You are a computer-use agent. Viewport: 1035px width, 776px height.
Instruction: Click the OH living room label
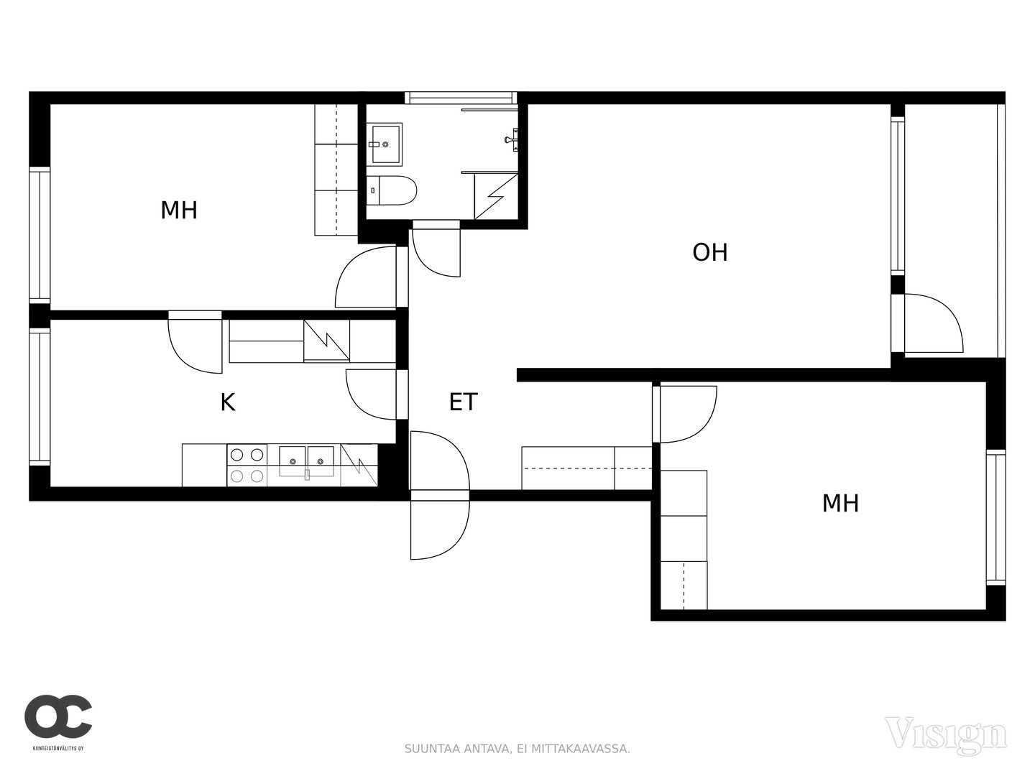tap(709, 252)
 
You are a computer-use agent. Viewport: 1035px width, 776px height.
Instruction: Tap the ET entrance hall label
tap(464, 402)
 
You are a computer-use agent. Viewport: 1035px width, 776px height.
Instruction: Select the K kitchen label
tap(228, 403)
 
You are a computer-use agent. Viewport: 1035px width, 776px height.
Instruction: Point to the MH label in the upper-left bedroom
tap(179, 210)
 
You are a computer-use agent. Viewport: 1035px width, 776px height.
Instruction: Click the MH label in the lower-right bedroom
tap(840, 503)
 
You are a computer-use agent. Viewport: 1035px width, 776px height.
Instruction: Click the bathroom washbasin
tap(385, 144)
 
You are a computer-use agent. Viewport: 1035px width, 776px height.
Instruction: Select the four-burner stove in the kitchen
tap(247, 465)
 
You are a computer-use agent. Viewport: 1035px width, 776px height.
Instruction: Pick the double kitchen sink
tap(306, 462)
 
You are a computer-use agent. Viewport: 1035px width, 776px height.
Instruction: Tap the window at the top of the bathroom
tap(461, 98)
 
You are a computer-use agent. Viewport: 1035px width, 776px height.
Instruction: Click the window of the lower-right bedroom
tap(996, 518)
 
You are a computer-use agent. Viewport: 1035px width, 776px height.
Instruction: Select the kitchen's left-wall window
tap(40, 397)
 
